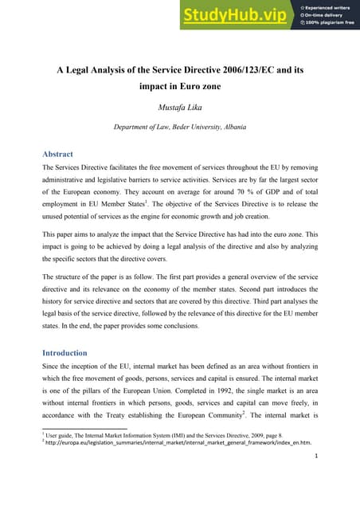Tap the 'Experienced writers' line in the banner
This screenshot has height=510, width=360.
(329, 6)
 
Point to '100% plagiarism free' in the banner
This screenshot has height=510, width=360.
(330, 24)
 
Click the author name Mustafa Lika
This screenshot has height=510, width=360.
(179, 102)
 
